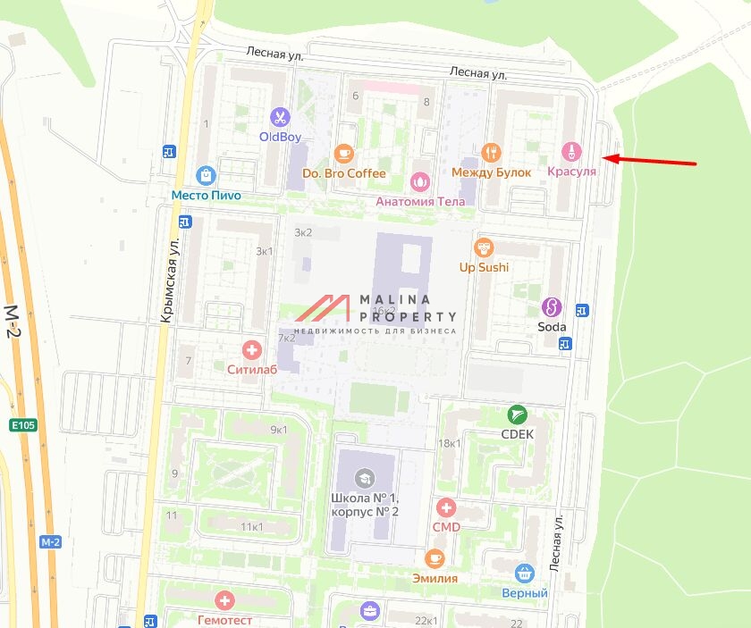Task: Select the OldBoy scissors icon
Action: [x=280, y=117]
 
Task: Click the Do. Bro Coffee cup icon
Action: [x=343, y=154]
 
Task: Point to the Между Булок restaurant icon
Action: [x=491, y=153]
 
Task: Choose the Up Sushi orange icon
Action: [x=484, y=247]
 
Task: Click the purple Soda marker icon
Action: [x=552, y=307]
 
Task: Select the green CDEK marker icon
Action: [x=517, y=414]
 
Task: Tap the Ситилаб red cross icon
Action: [x=252, y=350]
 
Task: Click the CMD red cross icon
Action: [x=445, y=508]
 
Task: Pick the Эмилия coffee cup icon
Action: [x=435, y=558]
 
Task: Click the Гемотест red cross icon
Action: [x=224, y=601]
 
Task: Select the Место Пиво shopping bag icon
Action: [x=207, y=175]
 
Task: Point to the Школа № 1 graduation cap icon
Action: [x=363, y=477]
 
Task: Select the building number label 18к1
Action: [x=450, y=443]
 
